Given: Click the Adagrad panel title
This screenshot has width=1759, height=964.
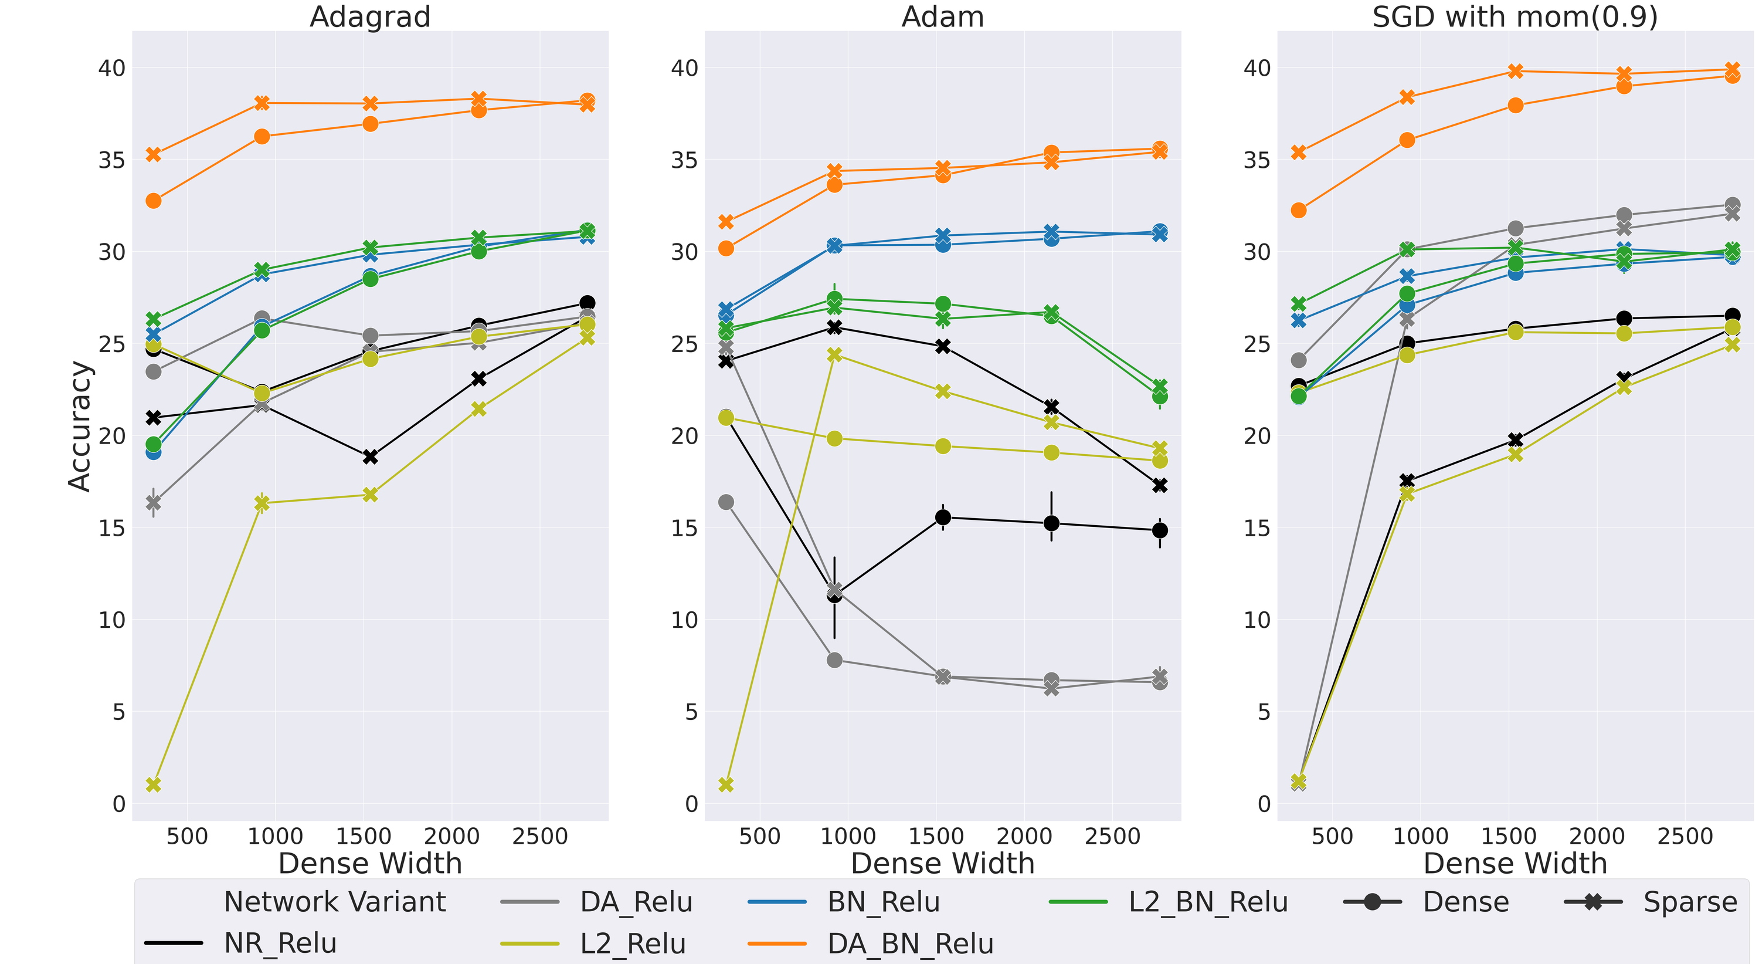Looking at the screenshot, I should (x=370, y=16).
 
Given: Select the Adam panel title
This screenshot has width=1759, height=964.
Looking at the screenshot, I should (x=942, y=16).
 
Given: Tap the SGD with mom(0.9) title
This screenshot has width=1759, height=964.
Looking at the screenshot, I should (x=1514, y=16).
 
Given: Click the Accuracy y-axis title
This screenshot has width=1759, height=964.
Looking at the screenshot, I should (x=80, y=425).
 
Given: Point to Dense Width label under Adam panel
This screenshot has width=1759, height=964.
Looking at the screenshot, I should (x=942, y=864).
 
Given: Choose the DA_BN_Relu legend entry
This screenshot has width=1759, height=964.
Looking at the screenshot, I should (x=910, y=943).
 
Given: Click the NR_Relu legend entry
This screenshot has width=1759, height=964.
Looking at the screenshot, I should (x=280, y=943).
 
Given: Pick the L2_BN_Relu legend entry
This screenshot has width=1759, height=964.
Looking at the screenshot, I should (x=1208, y=902).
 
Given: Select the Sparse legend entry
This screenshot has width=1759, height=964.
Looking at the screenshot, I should (x=1690, y=902).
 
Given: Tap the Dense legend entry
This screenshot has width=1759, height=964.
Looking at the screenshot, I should (x=1465, y=902).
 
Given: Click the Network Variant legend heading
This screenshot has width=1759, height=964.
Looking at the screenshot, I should (x=335, y=902).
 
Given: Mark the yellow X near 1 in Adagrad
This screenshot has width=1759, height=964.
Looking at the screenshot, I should (x=154, y=784).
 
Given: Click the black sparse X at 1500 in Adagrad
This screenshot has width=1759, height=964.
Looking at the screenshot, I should (x=370, y=457).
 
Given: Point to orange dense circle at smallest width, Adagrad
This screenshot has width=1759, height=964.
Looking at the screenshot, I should (x=154, y=201).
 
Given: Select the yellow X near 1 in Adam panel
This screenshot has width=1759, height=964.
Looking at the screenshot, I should (x=726, y=784).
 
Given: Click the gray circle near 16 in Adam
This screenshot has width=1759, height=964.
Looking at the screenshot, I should (x=726, y=502).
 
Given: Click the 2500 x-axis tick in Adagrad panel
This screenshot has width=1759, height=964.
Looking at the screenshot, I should (x=539, y=836).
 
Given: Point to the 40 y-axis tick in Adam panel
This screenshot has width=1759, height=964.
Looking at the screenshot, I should (x=684, y=68).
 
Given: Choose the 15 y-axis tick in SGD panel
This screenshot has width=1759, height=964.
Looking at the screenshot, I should (x=1257, y=528).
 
